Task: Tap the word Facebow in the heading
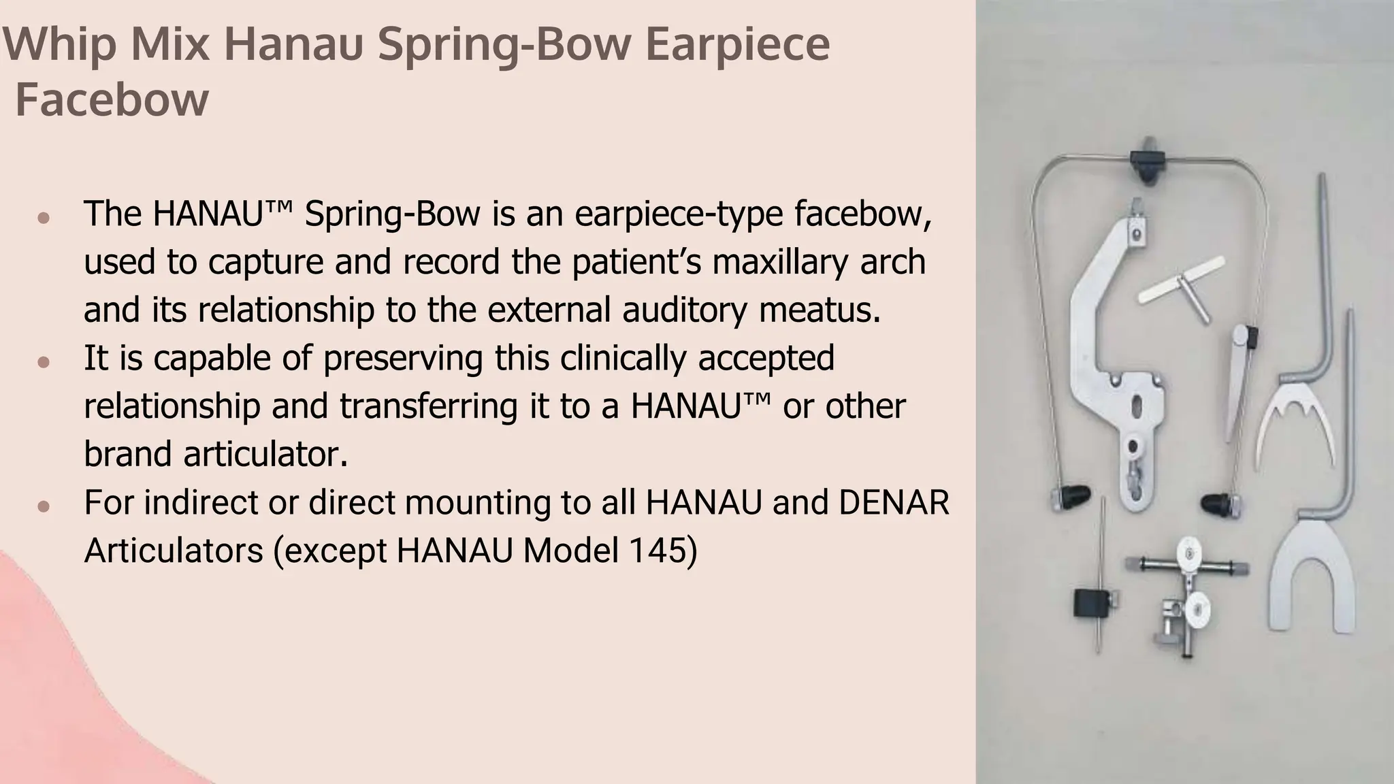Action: (x=112, y=100)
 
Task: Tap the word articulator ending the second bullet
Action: (x=215, y=454)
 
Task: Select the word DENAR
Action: (x=894, y=503)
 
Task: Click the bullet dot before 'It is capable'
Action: (x=44, y=362)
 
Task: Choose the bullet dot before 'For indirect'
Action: (x=44, y=506)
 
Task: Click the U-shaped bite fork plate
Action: (x=1312, y=579)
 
